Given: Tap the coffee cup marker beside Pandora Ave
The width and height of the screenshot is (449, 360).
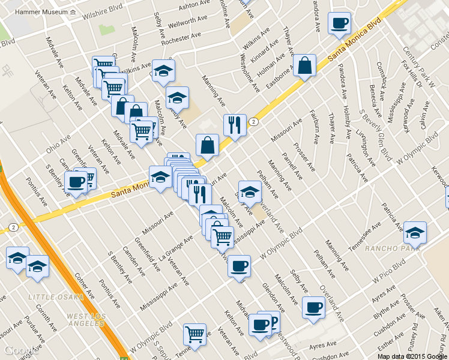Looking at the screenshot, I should point(340,24).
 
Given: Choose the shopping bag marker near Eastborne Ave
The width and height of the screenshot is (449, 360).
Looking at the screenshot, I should point(305,66).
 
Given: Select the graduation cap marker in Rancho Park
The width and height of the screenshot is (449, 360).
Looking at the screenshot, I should point(415,232).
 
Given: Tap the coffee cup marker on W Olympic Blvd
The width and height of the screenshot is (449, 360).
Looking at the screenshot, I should point(240,266).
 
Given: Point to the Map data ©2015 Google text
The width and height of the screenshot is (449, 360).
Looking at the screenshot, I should point(412,356).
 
